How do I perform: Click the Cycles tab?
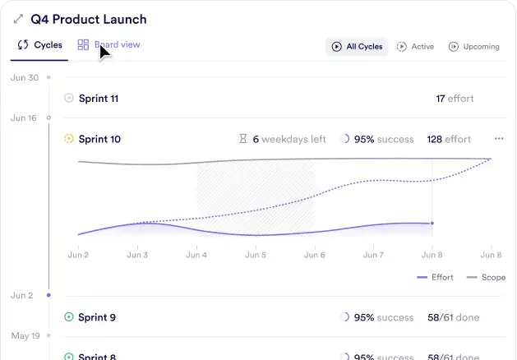[40, 46]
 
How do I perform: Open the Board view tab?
[108, 45]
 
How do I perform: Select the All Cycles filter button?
[357, 47]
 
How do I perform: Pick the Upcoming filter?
[473, 47]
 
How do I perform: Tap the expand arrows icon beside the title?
[18, 19]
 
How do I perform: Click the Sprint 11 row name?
[99, 99]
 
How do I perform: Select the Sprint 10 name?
[99, 140]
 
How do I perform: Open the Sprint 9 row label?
[97, 317]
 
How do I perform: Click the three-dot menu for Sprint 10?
[499, 139]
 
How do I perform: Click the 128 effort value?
[449, 140]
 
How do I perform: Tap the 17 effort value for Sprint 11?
[455, 99]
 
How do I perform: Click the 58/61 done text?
[453, 317]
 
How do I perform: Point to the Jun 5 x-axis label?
[256, 255]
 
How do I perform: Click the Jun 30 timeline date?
[24, 77]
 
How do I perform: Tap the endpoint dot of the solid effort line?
[432, 223]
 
